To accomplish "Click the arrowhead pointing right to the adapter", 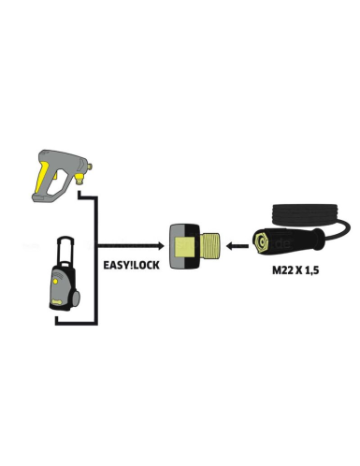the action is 160,247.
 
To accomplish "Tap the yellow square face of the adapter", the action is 184,248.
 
